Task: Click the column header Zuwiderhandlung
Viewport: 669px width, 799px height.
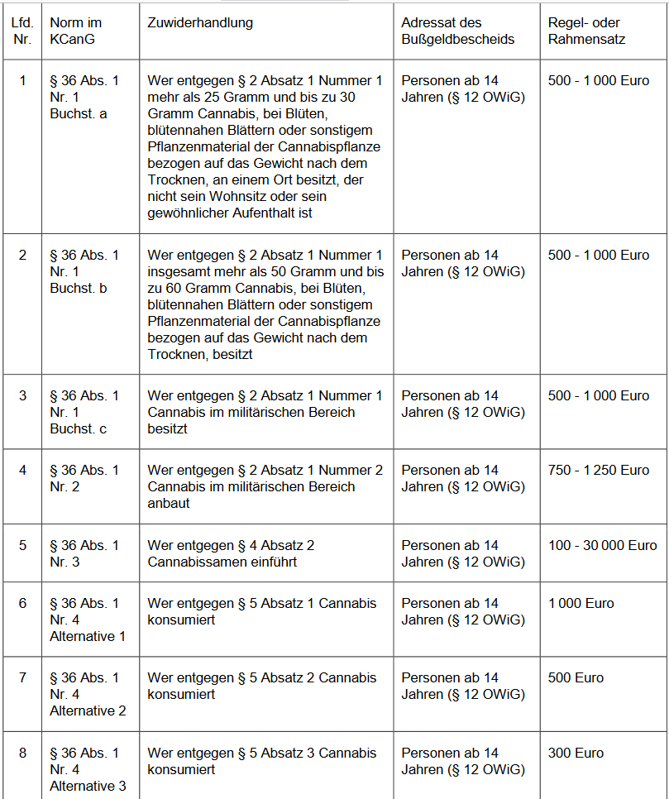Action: pyautogui.click(x=200, y=23)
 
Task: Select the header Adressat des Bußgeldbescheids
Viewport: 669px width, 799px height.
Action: pyautogui.click(x=457, y=31)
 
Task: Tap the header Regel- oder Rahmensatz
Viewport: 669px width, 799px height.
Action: pyautogui.click(x=586, y=31)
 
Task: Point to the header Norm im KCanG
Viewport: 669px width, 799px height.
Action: pyautogui.click(x=76, y=31)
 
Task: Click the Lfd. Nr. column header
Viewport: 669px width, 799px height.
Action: pyautogui.click(x=22, y=31)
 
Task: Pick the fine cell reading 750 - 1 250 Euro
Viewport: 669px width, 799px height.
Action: pyautogui.click(x=598, y=470)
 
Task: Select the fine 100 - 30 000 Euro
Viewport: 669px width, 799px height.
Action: pyautogui.click(x=602, y=545)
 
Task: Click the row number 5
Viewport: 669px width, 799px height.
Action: pyautogui.click(x=22, y=545)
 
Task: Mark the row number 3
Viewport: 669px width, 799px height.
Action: pyautogui.click(x=22, y=395)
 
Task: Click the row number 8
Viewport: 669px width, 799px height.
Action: pyautogui.click(x=22, y=753)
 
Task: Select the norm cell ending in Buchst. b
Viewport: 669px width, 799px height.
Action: pyautogui.click(x=84, y=271)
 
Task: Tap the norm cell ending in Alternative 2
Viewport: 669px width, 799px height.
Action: pyautogui.click(x=87, y=694)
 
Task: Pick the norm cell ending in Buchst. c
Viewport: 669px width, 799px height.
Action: pyautogui.click(x=84, y=412)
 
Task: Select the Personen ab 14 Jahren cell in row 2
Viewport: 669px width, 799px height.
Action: pyautogui.click(x=462, y=263)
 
